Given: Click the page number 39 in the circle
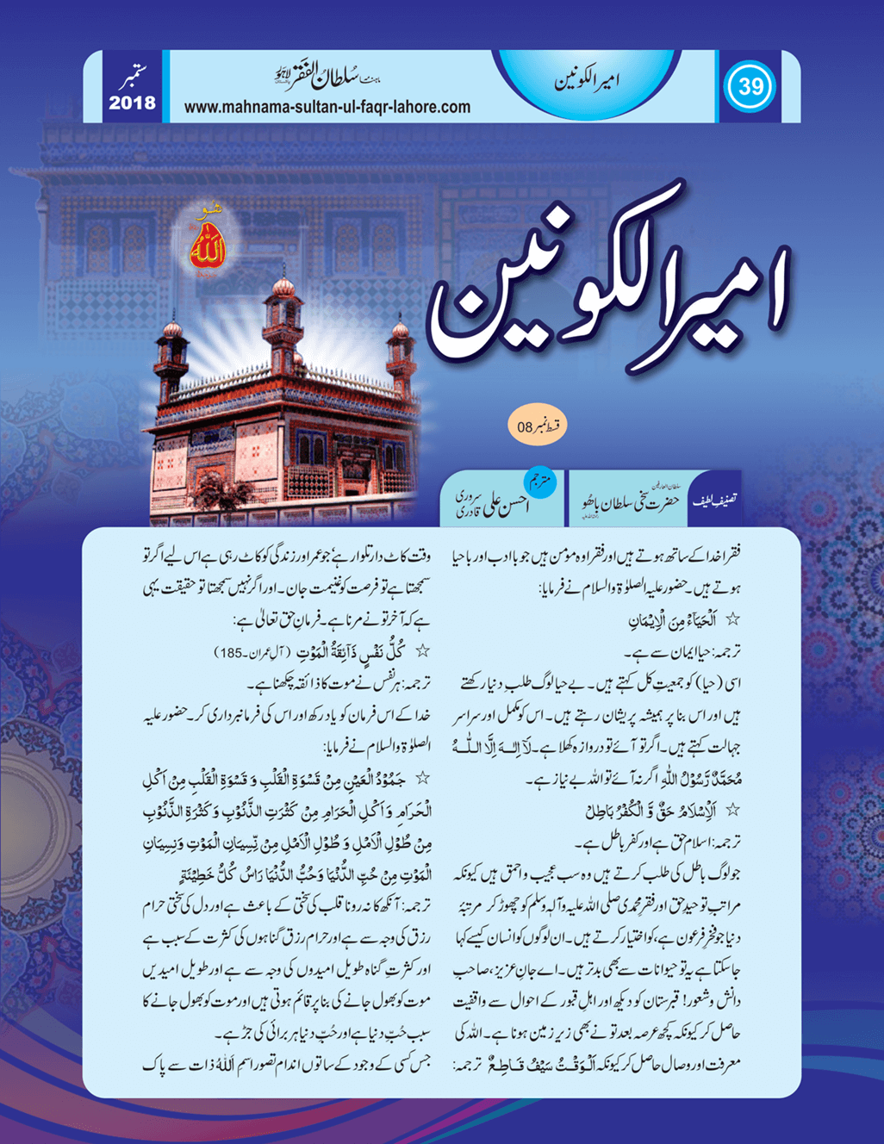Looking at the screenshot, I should (x=750, y=87).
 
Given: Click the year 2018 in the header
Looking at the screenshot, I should (x=132, y=103).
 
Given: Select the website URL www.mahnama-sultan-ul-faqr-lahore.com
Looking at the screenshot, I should (x=327, y=108).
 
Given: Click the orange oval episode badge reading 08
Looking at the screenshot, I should (x=537, y=426).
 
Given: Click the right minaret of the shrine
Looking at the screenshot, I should (x=400, y=353).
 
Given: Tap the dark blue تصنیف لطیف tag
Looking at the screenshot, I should (x=714, y=499).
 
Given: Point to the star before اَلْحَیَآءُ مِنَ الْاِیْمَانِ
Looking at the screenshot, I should (x=733, y=619).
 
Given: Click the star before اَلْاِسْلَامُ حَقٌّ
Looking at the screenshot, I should (x=733, y=810).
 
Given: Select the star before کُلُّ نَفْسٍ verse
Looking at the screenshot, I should (x=423, y=652).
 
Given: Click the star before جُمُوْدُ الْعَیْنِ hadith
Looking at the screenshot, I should (x=423, y=779).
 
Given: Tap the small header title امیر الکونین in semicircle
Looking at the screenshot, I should (x=588, y=84).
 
